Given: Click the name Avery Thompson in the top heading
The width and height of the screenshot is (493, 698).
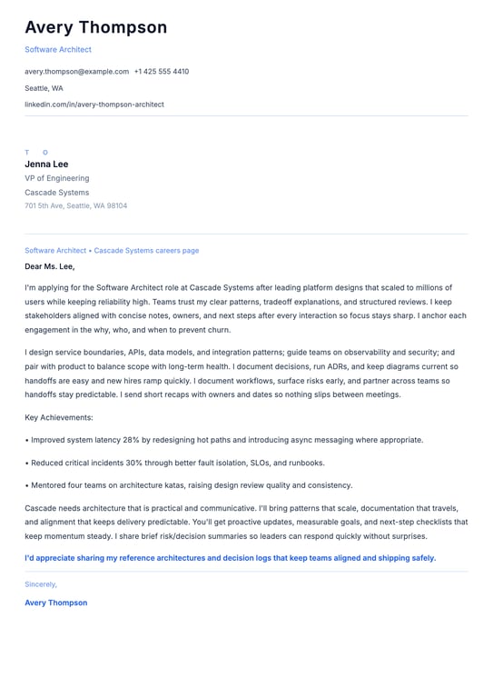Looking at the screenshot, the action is (x=95, y=27).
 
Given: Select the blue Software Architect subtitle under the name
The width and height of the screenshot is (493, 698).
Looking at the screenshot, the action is (x=58, y=49).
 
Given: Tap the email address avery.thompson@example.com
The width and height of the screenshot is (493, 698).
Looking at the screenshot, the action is (x=76, y=71).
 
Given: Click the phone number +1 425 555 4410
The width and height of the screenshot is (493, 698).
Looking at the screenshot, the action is (x=162, y=71).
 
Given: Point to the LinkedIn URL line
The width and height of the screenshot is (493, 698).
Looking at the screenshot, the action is (x=94, y=105).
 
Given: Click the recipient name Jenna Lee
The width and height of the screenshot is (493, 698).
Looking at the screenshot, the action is (x=46, y=165).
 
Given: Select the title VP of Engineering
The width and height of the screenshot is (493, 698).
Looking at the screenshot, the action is (x=57, y=178).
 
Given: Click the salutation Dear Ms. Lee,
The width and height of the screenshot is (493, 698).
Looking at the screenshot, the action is (x=50, y=266).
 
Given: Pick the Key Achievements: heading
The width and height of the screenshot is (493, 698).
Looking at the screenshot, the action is (x=59, y=417).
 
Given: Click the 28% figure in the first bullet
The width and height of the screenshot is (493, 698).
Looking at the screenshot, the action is (x=133, y=440).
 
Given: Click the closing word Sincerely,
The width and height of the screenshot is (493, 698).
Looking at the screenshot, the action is (x=41, y=584).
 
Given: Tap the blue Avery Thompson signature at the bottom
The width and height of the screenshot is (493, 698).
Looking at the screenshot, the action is (x=56, y=603).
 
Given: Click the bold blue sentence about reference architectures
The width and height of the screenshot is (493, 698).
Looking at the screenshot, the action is (x=230, y=558).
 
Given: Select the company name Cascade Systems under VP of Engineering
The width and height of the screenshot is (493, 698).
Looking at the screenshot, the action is (x=57, y=193).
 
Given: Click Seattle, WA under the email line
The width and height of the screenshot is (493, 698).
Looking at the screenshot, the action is (x=44, y=88).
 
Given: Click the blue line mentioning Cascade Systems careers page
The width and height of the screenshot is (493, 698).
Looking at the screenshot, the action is (x=112, y=250).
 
